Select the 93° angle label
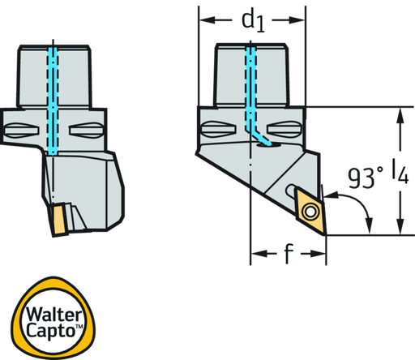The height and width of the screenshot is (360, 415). (x=366, y=178)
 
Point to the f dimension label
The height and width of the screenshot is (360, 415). (x=289, y=254)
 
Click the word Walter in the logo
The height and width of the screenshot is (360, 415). (x=54, y=315)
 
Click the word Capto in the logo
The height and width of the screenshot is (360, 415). (x=51, y=330)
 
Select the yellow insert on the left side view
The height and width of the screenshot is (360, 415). (x=58, y=220)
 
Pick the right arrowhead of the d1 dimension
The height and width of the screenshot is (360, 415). (x=297, y=20)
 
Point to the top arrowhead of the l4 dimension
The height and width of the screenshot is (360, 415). (x=400, y=116)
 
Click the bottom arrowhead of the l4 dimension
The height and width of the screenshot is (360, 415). (x=400, y=226)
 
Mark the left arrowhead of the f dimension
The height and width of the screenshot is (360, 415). (x=259, y=254)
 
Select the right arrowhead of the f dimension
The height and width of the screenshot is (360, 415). (x=318, y=254)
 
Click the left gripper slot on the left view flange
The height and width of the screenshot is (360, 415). (x=21, y=131)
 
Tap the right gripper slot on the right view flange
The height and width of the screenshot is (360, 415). (x=284, y=130)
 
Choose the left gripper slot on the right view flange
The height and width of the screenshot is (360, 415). (x=219, y=130)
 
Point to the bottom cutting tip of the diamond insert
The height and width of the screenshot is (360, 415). (x=324, y=234)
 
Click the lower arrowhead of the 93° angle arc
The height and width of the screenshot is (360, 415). (x=370, y=225)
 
